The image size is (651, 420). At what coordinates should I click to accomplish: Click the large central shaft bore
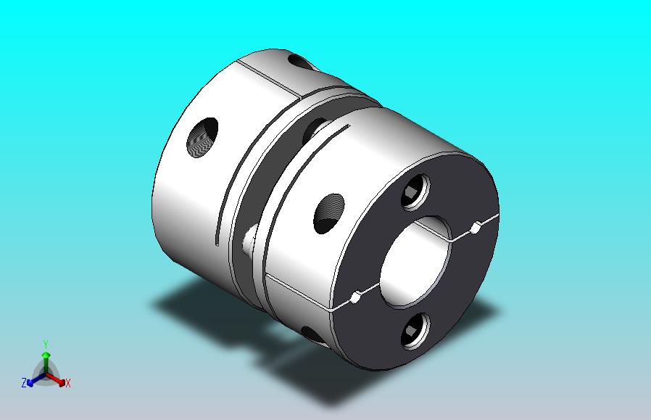pos(415,263)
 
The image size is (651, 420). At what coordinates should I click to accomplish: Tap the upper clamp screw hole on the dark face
pos(415,192)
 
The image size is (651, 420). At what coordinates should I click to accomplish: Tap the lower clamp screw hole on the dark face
pos(415,331)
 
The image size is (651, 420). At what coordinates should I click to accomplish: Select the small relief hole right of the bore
pos(476,227)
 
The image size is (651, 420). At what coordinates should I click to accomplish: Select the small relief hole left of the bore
pos(355,297)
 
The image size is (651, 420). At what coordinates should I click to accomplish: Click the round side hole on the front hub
pos(329,213)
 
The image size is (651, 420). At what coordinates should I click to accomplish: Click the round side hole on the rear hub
pos(202,138)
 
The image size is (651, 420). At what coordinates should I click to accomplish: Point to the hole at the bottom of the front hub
pos(312,334)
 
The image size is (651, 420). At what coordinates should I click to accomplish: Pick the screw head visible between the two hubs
pos(249,240)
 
